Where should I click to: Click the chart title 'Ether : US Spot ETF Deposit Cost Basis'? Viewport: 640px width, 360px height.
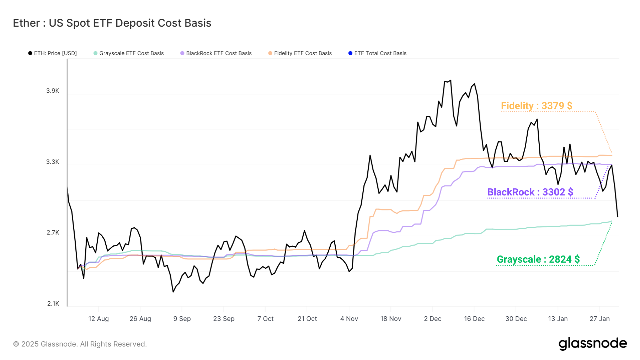(x=112, y=23)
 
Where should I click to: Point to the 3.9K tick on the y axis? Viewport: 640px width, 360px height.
(x=53, y=91)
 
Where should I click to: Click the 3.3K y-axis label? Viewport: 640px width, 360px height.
(x=53, y=162)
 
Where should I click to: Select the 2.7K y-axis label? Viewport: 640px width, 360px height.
(x=53, y=233)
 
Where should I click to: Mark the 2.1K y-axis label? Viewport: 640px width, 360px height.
(x=53, y=303)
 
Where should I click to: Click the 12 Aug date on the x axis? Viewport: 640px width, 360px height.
(x=98, y=319)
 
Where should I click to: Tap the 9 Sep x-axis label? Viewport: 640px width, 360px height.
(x=182, y=319)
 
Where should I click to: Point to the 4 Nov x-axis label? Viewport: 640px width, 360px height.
(x=349, y=319)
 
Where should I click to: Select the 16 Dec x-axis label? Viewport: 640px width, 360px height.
(x=474, y=319)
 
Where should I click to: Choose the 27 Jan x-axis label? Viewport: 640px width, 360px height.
(x=599, y=319)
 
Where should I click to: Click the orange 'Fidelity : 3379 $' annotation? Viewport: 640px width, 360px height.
(x=537, y=106)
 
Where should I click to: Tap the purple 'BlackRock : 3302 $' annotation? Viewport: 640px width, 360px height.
(x=530, y=192)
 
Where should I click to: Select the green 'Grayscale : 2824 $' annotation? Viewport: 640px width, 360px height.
(x=538, y=259)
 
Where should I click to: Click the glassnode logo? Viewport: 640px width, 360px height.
(x=593, y=344)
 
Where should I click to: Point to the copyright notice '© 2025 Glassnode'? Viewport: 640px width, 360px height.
(x=80, y=344)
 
